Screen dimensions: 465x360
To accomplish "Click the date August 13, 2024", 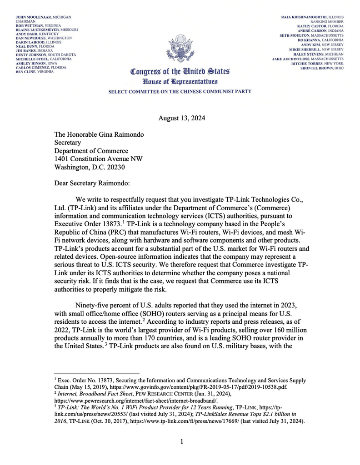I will pos(181,119).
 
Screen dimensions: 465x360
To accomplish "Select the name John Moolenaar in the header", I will pos(34,17).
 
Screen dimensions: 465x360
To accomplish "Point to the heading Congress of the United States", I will pos(180,71).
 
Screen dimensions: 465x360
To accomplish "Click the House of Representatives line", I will pos(180,82).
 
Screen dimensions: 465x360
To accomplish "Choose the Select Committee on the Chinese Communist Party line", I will pos(180,91).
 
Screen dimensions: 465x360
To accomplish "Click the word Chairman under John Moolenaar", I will pos(25,21).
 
